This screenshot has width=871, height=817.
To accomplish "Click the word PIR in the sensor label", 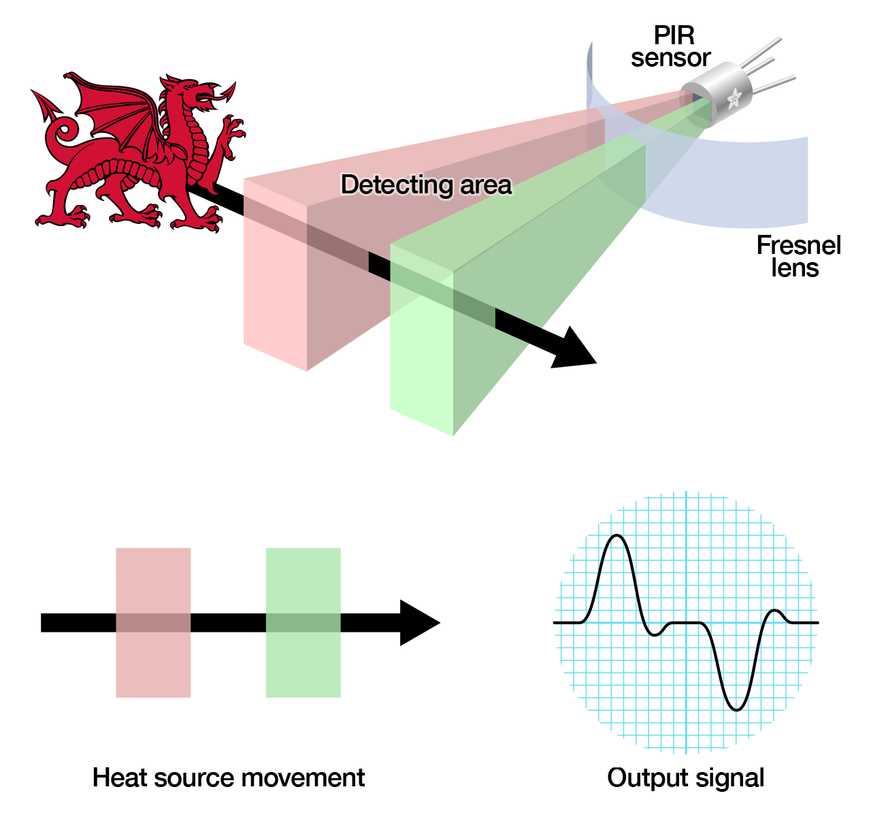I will click(x=674, y=35).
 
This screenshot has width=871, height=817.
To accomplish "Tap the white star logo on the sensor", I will click(x=734, y=99).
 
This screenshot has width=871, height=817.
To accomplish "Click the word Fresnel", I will click(x=798, y=245).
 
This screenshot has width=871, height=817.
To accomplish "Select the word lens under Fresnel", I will click(x=795, y=268).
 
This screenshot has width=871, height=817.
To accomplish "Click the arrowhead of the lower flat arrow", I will click(x=418, y=622).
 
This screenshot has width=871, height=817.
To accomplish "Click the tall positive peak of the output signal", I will click(x=617, y=538).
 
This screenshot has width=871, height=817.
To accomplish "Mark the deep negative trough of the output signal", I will click(x=736, y=708).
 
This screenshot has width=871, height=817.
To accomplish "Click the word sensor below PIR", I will click(x=670, y=58).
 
